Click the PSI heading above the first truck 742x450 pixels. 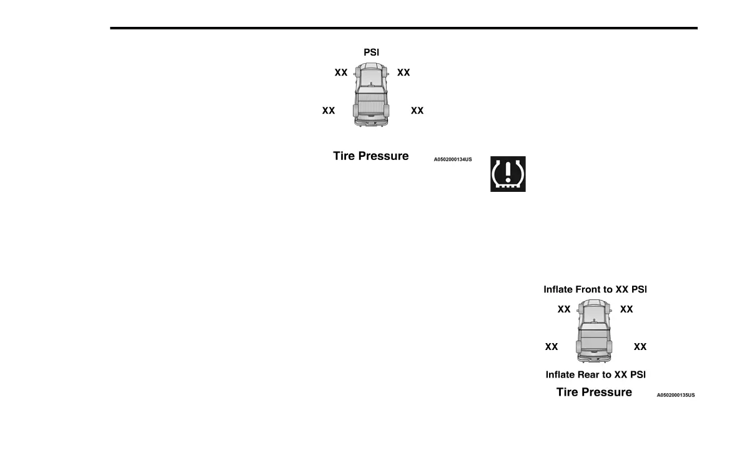tap(371, 53)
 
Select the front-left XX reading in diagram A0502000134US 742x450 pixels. tap(341, 72)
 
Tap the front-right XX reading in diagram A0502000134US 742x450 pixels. tap(403, 72)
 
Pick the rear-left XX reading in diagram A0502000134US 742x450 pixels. tap(329, 111)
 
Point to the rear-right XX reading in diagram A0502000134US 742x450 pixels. tap(417, 111)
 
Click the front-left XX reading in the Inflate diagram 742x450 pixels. tap(564, 309)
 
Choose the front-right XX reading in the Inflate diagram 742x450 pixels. tap(626, 309)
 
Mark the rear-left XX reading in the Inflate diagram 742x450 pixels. tap(552, 346)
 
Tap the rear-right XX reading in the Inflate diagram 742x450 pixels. tap(640, 346)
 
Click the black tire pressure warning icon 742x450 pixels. tap(508, 174)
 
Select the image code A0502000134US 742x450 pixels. tap(453, 159)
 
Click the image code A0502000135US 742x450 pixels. tap(676, 395)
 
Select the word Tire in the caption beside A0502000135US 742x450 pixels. tap(568, 392)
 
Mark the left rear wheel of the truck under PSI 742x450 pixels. tap(357, 112)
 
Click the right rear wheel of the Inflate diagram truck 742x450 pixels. tap(609, 347)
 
